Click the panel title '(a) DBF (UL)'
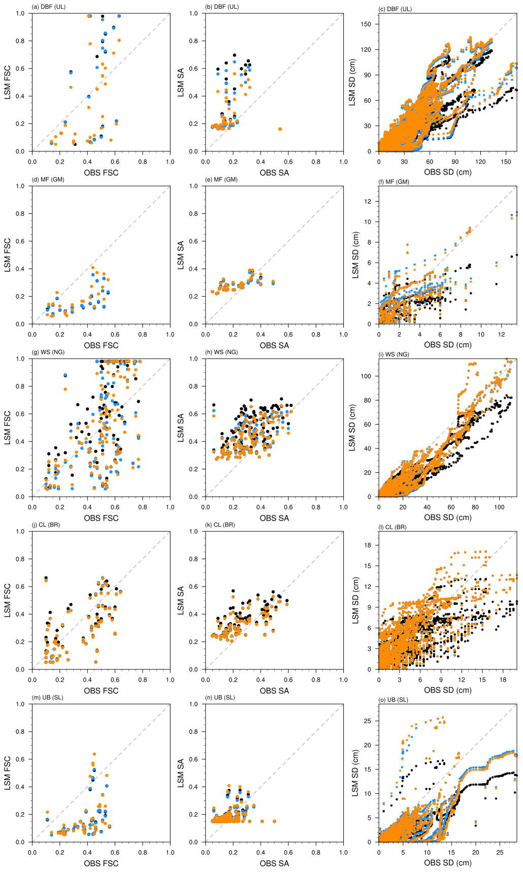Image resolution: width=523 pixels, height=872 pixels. point(49,7)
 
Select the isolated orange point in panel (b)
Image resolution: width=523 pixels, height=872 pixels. point(280,129)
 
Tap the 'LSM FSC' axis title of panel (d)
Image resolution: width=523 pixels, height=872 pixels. point(8,255)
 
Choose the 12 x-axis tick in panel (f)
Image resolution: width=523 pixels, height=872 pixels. point(501,334)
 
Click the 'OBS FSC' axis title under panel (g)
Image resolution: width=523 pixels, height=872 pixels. point(101,518)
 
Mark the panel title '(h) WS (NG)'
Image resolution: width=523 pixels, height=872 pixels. point(221,352)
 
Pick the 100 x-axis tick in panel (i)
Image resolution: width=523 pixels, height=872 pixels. point(499,507)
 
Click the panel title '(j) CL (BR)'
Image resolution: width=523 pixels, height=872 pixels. point(46,525)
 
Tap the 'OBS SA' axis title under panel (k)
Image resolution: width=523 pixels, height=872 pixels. point(274,691)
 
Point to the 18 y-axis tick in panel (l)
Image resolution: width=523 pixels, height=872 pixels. point(368,545)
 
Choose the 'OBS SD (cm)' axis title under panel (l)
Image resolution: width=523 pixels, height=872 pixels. point(447,690)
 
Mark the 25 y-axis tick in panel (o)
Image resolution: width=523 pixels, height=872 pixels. point(368,721)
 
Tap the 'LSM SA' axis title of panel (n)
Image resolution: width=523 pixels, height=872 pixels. point(181,773)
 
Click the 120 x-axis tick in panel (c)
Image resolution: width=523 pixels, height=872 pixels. point(480,162)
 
